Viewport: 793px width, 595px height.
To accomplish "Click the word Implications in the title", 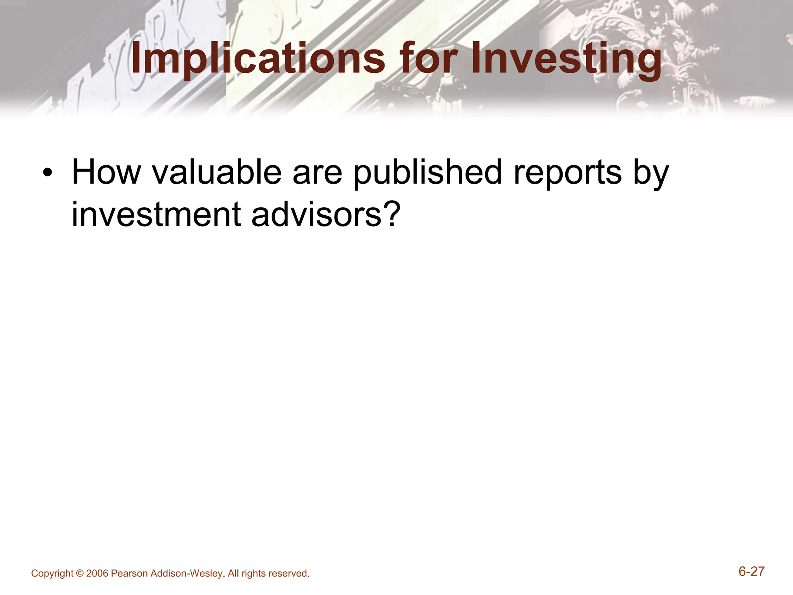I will pyautogui.click(x=258, y=59).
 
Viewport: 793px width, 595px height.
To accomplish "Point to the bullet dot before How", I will pyautogui.click(x=47, y=173).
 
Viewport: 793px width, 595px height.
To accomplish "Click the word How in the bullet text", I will pyautogui.click(x=106, y=173).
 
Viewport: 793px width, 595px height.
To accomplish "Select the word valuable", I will pyautogui.click(x=217, y=173).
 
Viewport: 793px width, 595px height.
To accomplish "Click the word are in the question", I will pyautogui.click(x=317, y=173).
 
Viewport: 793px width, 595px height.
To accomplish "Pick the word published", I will pyautogui.click(x=428, y=173).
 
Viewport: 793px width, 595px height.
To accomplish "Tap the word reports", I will pyautogui.click(x=567, y=173).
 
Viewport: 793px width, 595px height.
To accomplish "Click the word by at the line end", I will pyautogui.click(x=651, y=173).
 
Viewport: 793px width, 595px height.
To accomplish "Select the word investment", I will pyautogui.click(x=156, y=215).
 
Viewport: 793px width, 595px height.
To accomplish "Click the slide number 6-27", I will pyautogui.click(x=751, y=571).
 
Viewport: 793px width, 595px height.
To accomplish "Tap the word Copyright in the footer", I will pyautogui.click(x=52, y=574).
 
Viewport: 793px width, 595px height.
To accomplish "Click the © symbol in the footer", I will pyautogui.click(x=80, y=574).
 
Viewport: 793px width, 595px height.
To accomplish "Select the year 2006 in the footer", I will pyautogui.click(x=97, y=574).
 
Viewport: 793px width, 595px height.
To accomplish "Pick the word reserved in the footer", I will pyautogui.click(x=288, y=574).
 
